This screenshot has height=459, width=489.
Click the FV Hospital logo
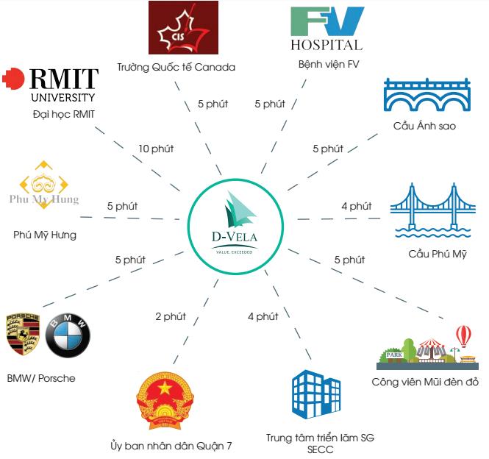pos(326,28)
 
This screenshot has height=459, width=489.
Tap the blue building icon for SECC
pos(315,396)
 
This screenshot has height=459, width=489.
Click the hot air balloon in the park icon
pos(463,337)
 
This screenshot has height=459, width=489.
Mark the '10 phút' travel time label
pos(156,149)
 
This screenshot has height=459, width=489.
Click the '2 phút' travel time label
pos(171,316)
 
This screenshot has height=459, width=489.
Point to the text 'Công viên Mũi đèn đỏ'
pos(426,382)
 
